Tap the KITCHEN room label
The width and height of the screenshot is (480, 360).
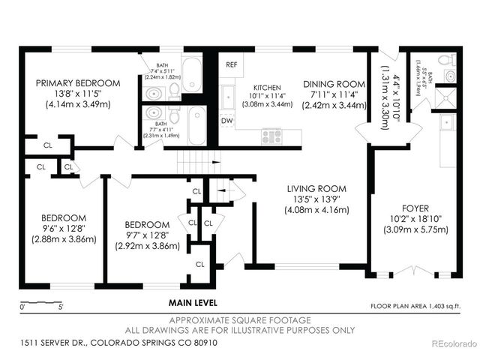coord(266,87)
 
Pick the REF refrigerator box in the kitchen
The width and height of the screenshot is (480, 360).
coord(231,64)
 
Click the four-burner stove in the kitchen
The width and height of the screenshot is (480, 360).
coord(271,136)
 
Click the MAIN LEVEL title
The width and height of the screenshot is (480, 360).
coord(193,303)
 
